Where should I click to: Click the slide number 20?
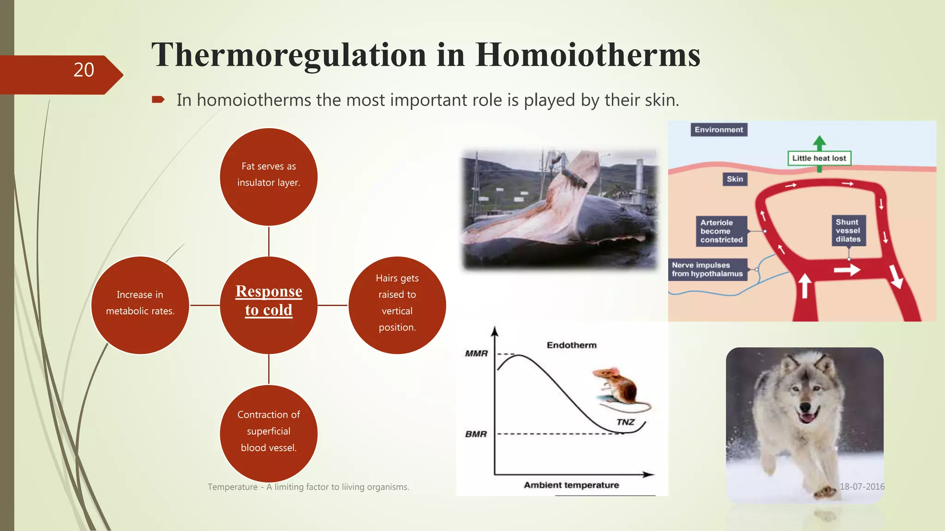point(84,70)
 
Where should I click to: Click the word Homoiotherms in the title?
point(588,55)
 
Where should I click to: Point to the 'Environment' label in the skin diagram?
point(718,130)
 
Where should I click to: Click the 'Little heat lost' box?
point(819,158)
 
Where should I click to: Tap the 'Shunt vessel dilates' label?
point(848,230)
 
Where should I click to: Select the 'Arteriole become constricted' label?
point(721,231)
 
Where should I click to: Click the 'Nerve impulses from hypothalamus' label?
point(707,270)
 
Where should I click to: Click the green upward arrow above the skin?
point(819,142)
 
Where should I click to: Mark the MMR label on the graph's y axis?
point(476,354)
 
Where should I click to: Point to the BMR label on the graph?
point(476,434)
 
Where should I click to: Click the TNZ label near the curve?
point(625,422)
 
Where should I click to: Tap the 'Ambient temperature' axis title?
point(571,485)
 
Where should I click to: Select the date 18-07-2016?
point(862,487)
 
